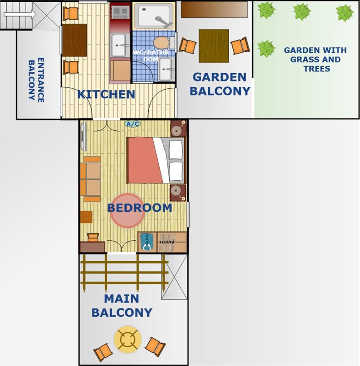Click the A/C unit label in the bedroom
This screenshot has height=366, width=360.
(132, 124)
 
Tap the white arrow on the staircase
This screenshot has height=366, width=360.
(20, 15)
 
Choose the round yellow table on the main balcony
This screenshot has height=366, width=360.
(127, 339)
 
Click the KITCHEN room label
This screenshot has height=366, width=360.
(106, 95)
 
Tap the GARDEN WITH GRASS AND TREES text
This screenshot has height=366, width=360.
(315, 59)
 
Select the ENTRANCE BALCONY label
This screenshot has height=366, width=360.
(36, 80)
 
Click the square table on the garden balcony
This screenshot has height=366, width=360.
(214, 46)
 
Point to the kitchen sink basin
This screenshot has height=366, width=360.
(120, 45)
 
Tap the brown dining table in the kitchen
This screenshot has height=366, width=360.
(75, 40)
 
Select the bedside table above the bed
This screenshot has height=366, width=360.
(178, 129)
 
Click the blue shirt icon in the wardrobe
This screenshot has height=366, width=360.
(146, 242)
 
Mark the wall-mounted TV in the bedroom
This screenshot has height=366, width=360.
(83, 137)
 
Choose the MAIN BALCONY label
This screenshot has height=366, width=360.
(122, 306)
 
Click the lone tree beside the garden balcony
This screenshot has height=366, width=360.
(266, 48)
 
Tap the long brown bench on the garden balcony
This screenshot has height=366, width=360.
(215, 10)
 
